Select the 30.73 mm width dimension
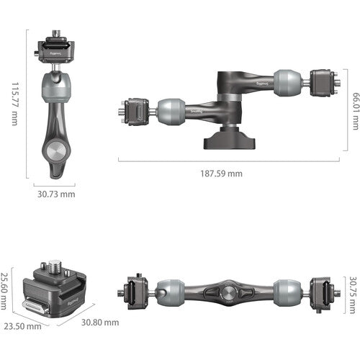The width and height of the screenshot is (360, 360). pos(55,194)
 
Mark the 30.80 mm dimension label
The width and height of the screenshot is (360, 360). pos(99,323)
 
